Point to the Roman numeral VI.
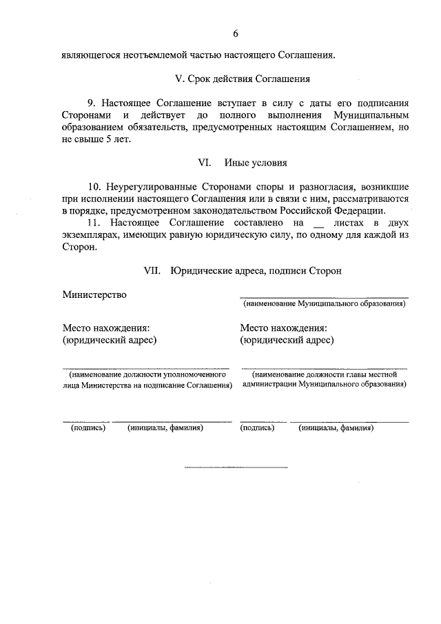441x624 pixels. pos(203,163)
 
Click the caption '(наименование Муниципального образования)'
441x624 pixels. pos(323,303)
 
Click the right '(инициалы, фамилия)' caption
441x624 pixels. pos(336,427)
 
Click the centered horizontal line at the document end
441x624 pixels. pos(235,467)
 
